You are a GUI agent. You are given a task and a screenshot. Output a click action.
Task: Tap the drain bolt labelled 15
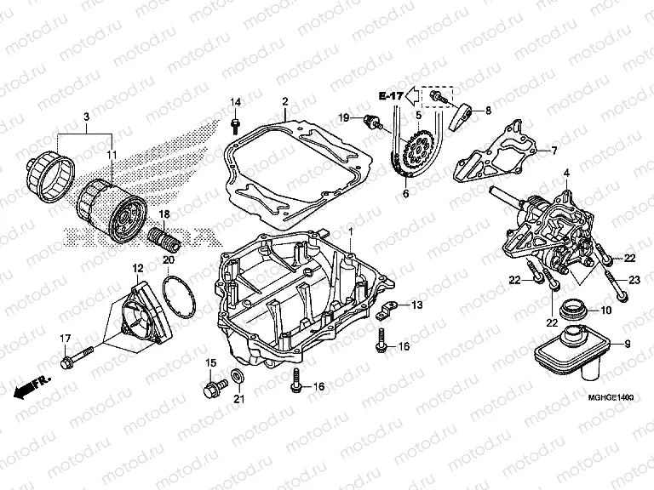click(212, 391)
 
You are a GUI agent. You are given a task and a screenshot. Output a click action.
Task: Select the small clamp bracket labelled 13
click(385, 311)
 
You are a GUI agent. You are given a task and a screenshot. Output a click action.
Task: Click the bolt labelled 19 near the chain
click(372, 121)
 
